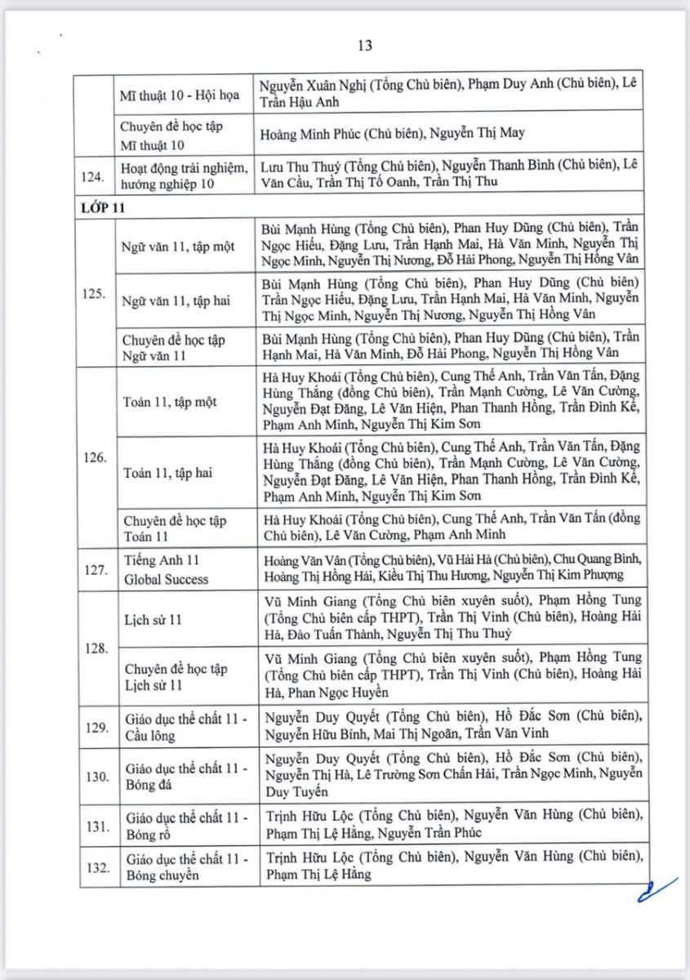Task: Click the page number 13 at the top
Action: (365, 46)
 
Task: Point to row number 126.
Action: (98, 457)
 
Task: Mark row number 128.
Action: (98, 648)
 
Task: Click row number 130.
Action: (98, 776)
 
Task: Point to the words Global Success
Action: (167, 579)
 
